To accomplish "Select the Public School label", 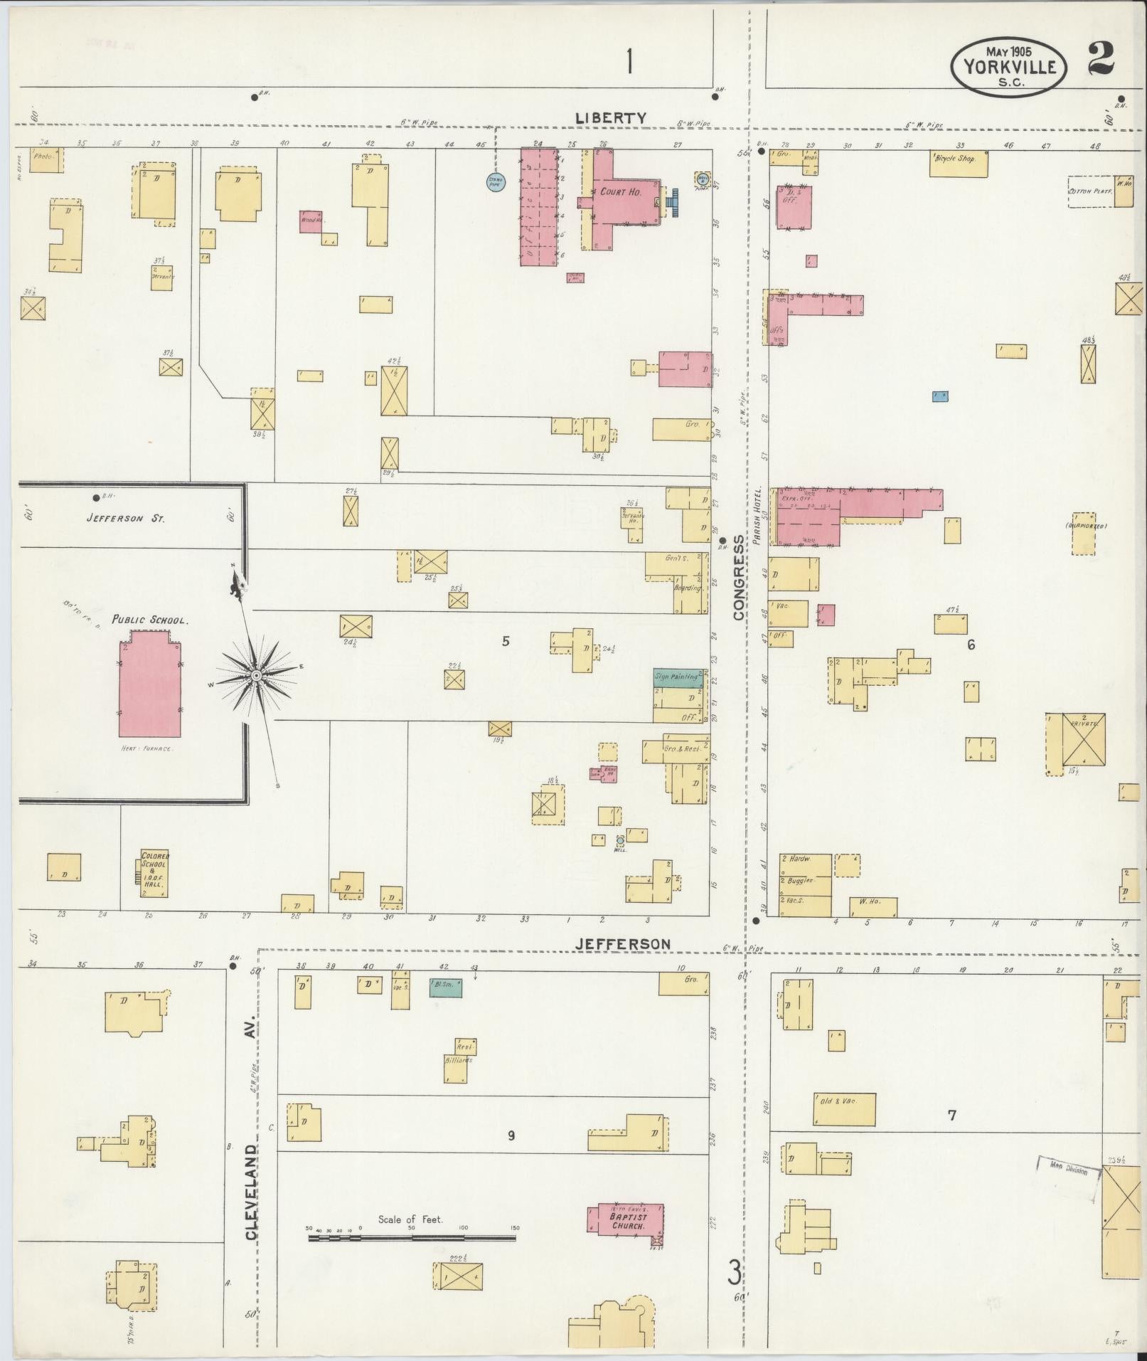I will coord(149,620).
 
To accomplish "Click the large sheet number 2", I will coord(1101,60).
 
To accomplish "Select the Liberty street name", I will coord(611,118).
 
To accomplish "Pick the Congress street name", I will coord(739,578).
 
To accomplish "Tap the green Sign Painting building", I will coord(678,678).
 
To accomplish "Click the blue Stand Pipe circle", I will coord(495,183).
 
